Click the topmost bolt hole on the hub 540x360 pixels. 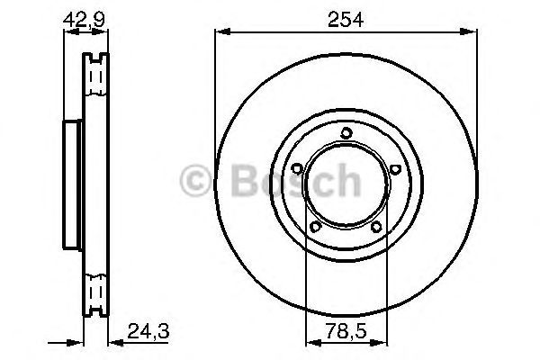[x=346, y=135]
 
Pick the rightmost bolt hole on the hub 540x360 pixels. [x=393, y=167]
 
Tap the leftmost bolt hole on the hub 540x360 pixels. [x=298, y=167]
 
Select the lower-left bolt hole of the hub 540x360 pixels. [x=314, y=225]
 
